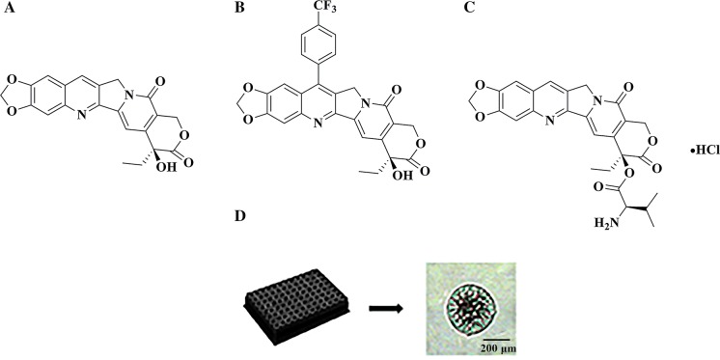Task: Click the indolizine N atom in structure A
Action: pyautogui.click(x=131, y=97)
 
